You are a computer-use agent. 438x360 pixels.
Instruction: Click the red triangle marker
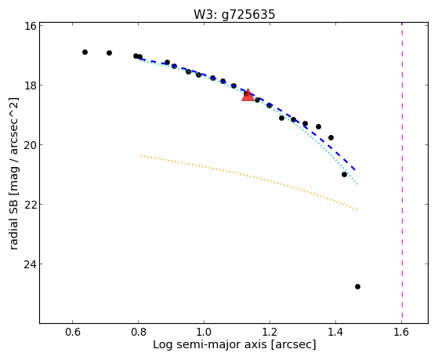[248, 95]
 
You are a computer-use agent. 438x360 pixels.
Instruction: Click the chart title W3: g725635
[234, 14]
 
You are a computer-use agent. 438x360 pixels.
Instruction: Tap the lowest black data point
[357, 287]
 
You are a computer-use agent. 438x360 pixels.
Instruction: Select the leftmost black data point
[85, 52]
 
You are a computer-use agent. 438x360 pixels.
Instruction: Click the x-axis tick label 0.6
[73, 332]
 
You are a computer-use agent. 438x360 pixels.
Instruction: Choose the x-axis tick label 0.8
[138, 332]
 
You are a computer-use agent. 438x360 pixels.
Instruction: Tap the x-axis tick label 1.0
[205, 332]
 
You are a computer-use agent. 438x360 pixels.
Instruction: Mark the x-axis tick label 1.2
[270, 332]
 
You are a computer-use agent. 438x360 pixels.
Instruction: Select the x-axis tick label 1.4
[336, 332]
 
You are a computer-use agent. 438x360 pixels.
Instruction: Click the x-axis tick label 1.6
[401, 332]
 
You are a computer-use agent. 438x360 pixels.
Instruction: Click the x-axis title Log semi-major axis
[210, 344]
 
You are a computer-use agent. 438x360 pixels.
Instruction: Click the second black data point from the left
[109, 53]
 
